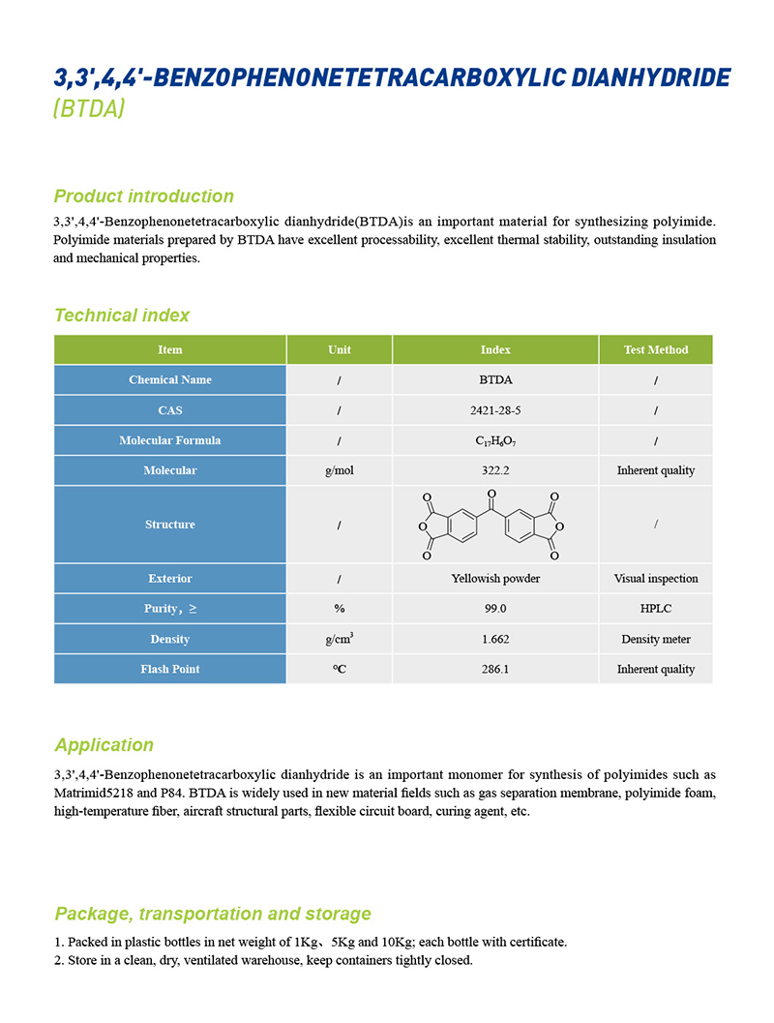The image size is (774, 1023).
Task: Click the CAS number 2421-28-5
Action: (x=494, y=410)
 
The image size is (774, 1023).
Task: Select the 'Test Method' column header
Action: (x=656, y=349)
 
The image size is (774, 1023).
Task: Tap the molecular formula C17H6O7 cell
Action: (x=494, y=440)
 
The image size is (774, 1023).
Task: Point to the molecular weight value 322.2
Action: (x=494, y=470)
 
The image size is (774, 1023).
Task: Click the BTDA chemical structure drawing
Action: (x=490, y=525)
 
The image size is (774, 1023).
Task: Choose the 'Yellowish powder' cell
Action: (x=495, y=579)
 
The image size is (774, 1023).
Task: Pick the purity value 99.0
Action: (x=495, y=609)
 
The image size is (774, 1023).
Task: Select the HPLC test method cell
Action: (x=656, y=609)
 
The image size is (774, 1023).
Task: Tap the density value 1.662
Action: (x=495, y=639)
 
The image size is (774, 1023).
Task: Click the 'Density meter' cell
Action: (x=656, y=639)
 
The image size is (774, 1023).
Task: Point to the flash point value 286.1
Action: (x=495, y=669)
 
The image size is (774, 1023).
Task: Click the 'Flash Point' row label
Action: (x=169, y=669)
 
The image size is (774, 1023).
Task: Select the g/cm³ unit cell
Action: (x=339, y=638)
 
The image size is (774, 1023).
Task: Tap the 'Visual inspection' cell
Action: (x=656, y=579)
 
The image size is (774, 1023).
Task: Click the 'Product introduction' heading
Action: (x=143, y=196)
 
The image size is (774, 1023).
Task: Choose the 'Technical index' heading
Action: (x=122, y=316)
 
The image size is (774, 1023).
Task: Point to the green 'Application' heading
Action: (x=104, y=745)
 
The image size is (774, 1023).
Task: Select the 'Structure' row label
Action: (x=169, y=525)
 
